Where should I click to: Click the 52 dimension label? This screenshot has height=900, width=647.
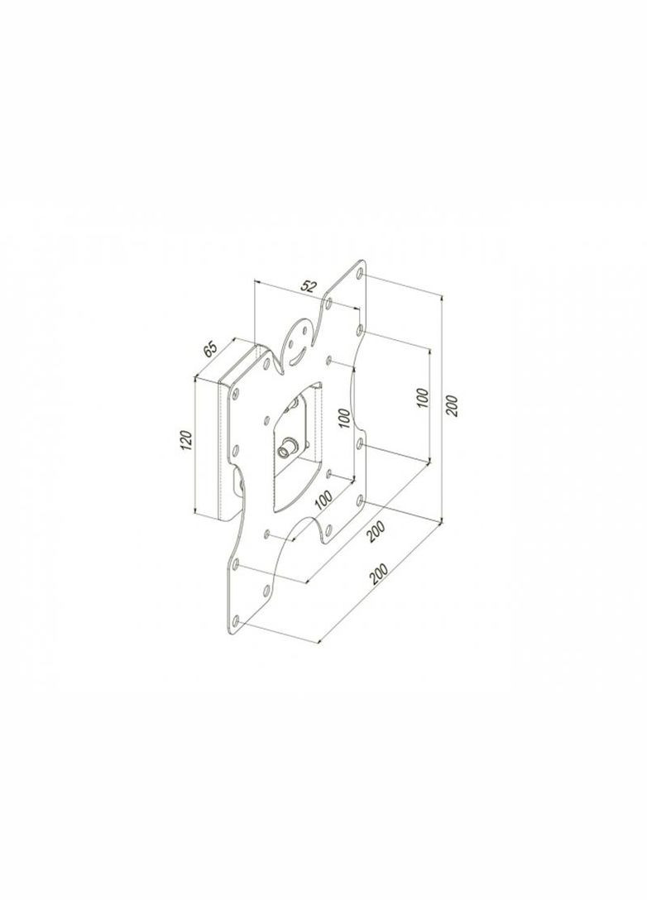click(309, 287)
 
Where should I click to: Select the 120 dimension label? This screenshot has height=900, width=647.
click(185, 440)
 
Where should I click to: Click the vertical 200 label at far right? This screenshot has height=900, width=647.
click(452, 406)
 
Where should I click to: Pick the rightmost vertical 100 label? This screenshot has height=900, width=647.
click(422, 398)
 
